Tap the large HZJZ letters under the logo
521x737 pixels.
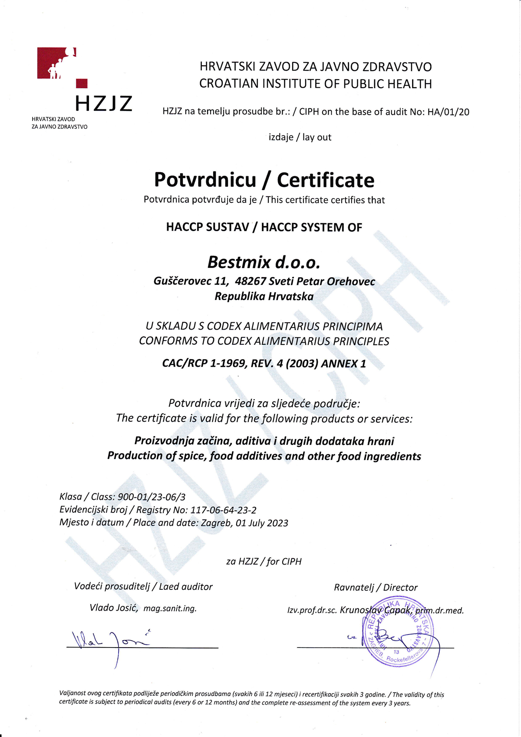103,104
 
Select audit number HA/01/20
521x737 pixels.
448,112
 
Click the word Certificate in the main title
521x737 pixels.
326,180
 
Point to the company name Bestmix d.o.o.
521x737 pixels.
264,262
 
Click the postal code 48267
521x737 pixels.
250,281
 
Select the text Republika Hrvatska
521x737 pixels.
264,297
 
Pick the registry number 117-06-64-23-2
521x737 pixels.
223,510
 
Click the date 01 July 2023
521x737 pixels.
262,523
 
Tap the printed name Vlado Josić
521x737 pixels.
114,608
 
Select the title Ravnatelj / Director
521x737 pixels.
376,588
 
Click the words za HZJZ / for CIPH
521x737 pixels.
264,562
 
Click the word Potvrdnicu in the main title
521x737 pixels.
205,180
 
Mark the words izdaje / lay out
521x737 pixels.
300,137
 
